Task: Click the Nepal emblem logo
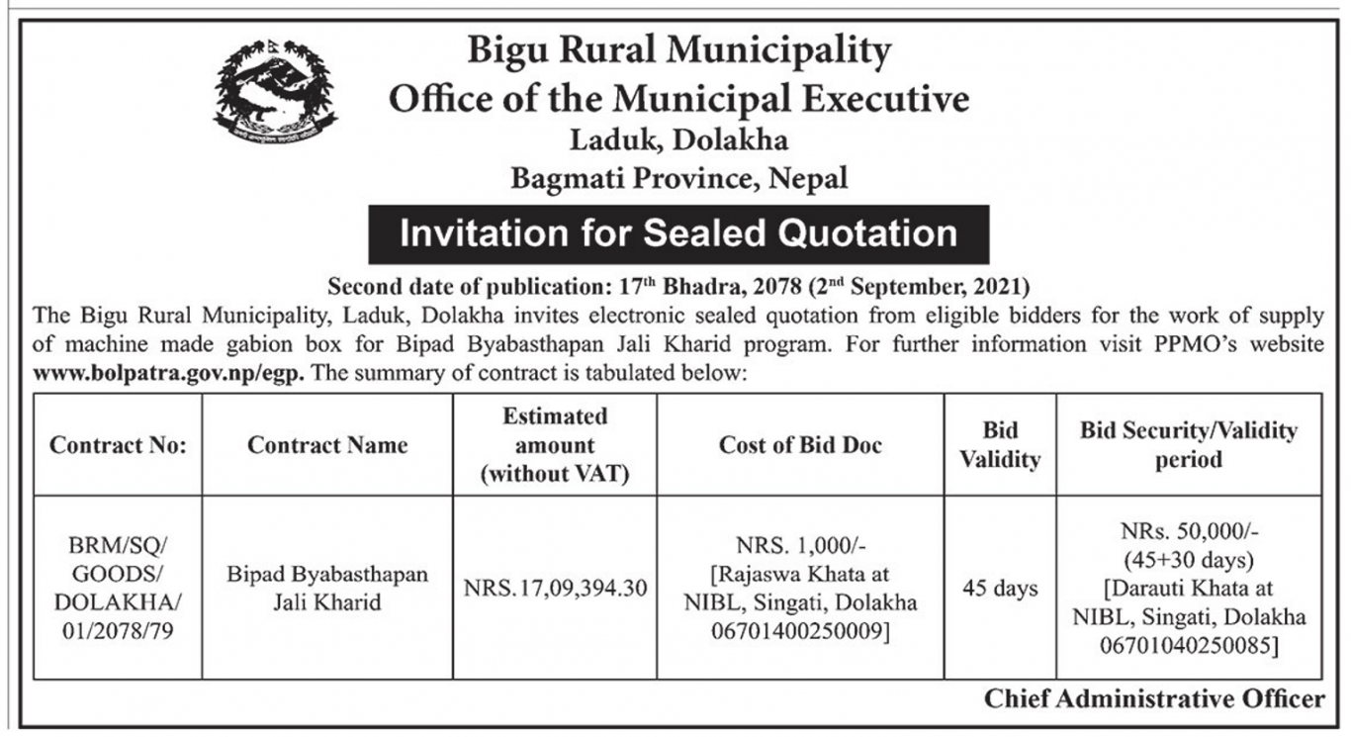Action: [275, 91]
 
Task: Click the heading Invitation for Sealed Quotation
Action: [678, 233]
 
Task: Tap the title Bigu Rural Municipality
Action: [678, 49]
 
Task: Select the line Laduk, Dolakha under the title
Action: [678, 139]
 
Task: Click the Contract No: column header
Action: [118, 445]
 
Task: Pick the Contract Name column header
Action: [327, 445]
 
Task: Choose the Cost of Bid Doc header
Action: [800, 445]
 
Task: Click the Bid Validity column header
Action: [999, 445]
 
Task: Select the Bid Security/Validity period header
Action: [1188, 445]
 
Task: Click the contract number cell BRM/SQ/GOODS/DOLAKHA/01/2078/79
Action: [118, 589]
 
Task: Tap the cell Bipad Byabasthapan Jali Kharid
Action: [327, 589]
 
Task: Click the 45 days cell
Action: [999, 589]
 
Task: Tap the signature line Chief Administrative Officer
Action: [1153, 699]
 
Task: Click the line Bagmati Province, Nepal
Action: [678, 179]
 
